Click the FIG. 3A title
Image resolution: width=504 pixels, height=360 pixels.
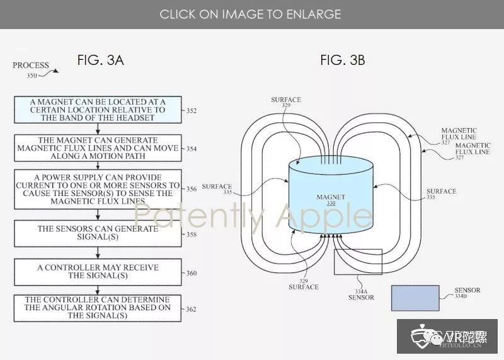[100, 61]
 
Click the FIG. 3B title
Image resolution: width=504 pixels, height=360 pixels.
[343, 61]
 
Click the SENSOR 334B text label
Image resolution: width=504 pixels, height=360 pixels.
[467, 294]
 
